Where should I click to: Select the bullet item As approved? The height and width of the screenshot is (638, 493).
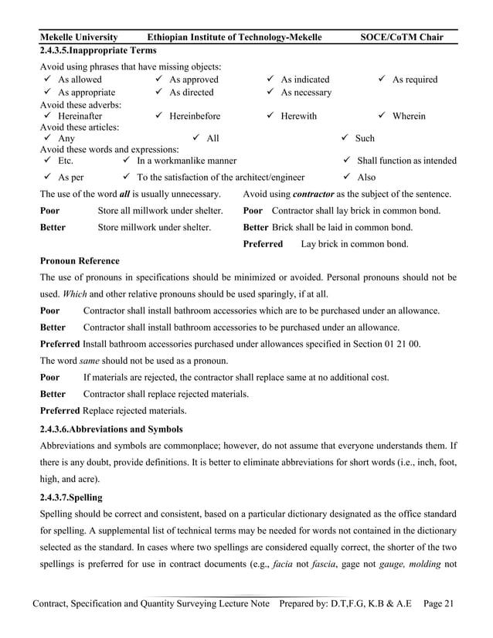tap(193, 80)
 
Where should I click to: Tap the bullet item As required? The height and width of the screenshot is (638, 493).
tap(414, 80)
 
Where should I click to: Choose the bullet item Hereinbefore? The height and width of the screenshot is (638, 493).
tap(194, 117)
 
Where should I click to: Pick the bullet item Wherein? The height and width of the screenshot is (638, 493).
tap(409, 117)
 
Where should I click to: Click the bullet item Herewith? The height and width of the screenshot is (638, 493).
tap(298, 117)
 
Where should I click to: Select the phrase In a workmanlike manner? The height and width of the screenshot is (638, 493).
tap(186, 161)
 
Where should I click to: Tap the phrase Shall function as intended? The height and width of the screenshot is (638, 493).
tap(406, 161)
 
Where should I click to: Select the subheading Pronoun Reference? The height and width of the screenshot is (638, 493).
tap(80, 261)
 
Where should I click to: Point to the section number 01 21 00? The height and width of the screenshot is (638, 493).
tap(400, 344)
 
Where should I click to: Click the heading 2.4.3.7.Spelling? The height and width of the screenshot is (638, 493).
tap(71, 497)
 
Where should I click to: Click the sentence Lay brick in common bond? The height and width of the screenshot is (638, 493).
tap(355, 244)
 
